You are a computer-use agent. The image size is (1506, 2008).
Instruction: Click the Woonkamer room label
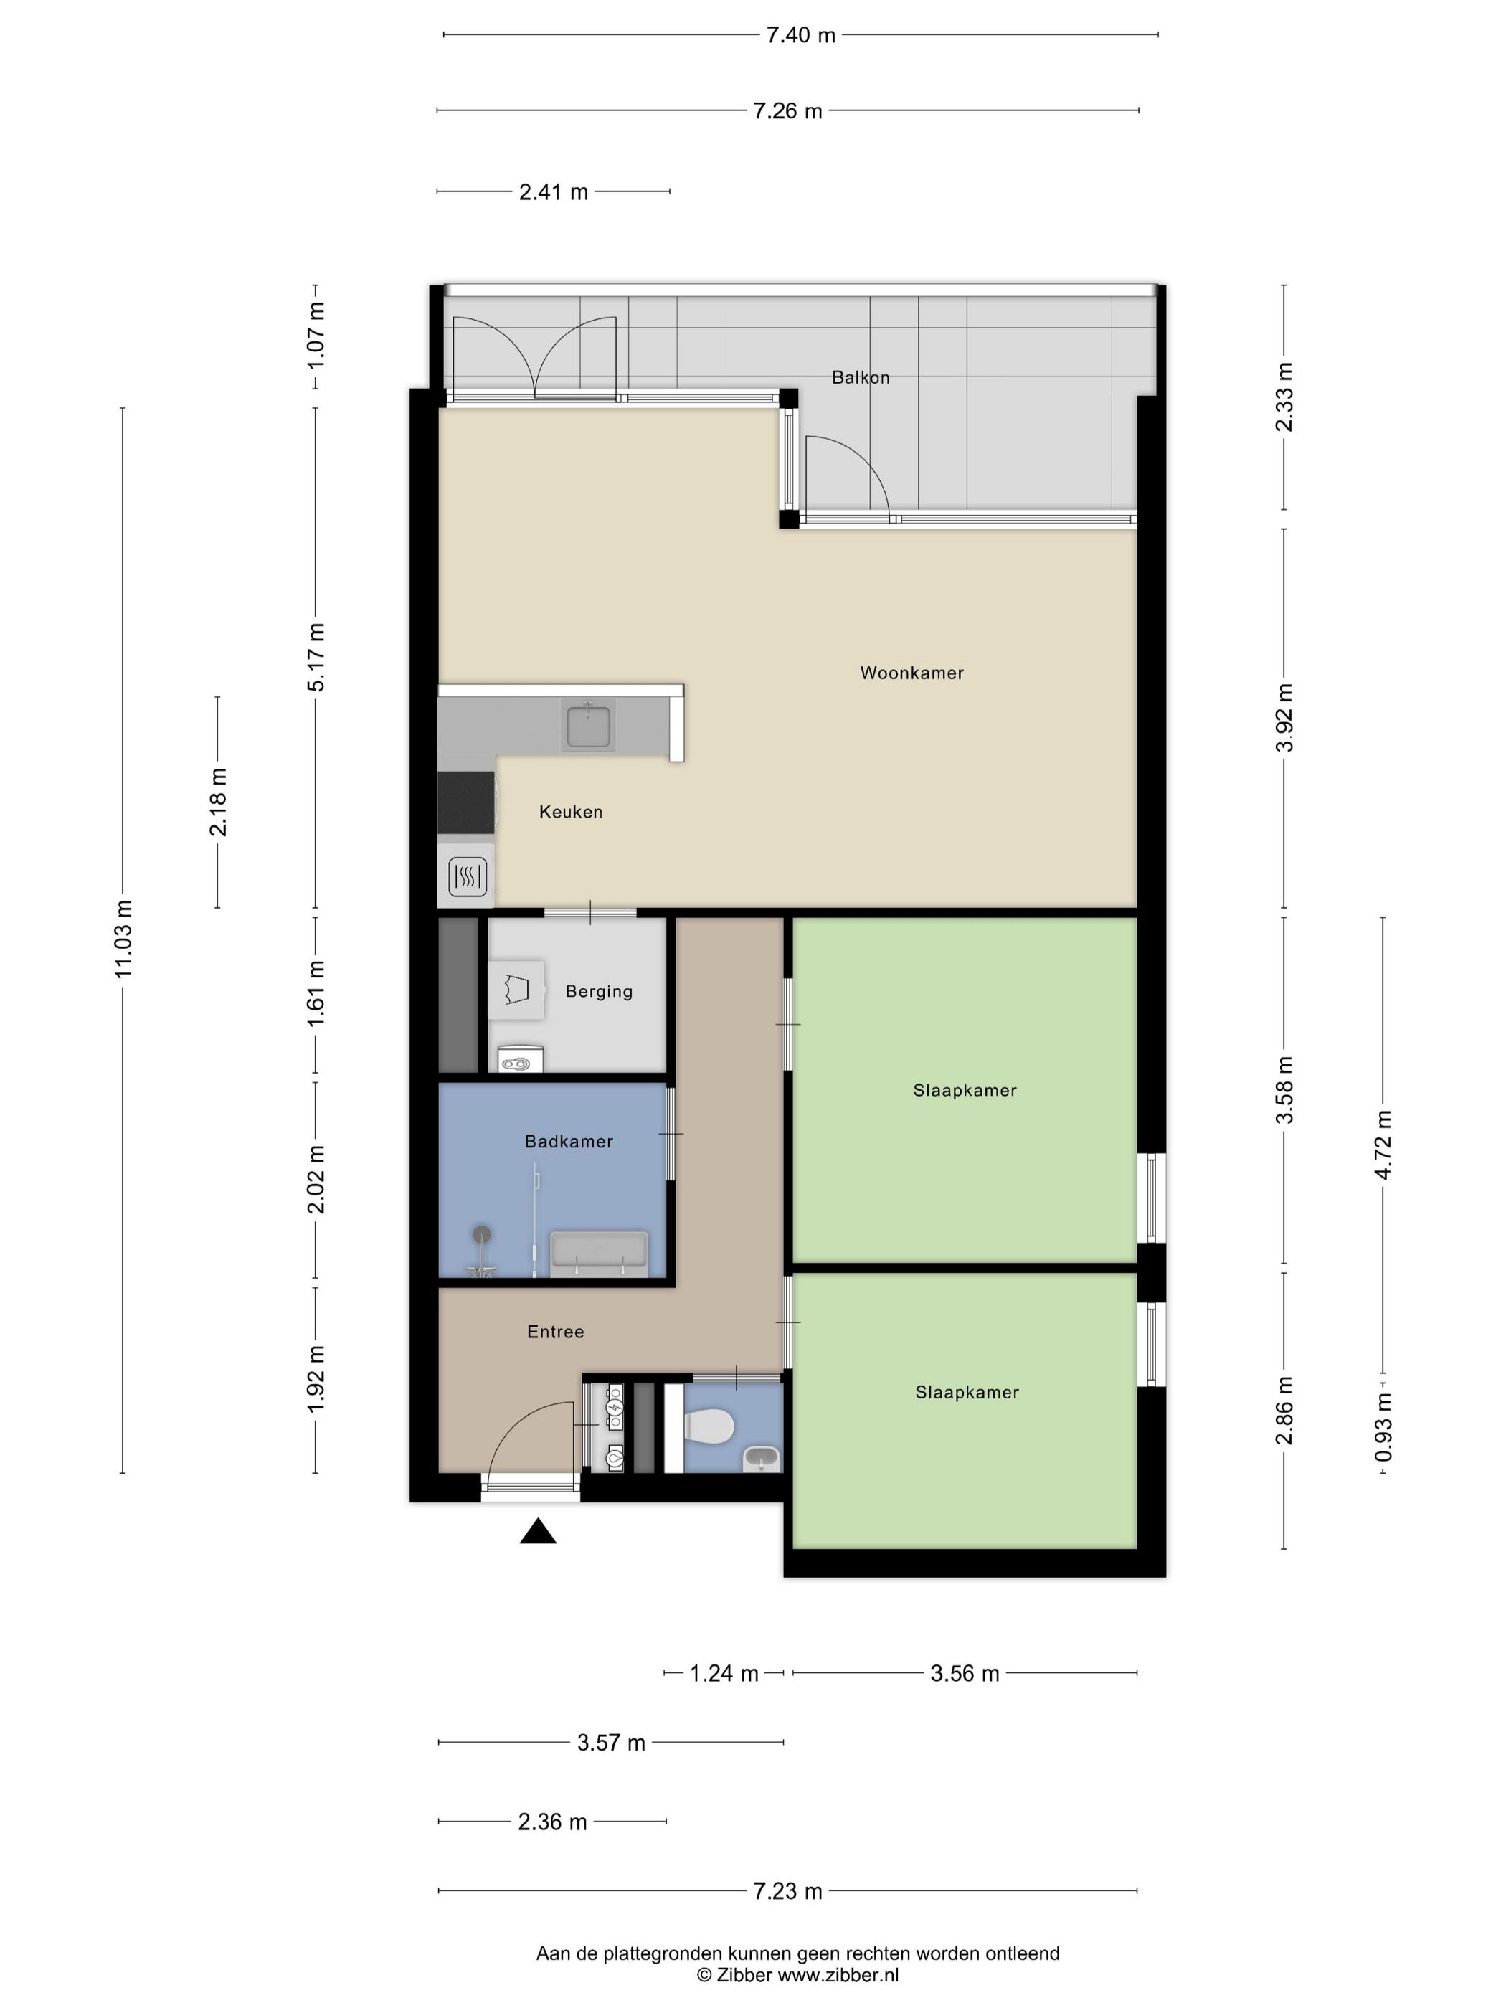click(x=911, y=673)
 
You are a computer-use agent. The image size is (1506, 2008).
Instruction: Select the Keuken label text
click(x=570, y=812)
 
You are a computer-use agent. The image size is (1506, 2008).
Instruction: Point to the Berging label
click(x=599, y=991)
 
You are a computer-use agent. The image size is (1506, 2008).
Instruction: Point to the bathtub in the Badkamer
click(x=599, y=1254)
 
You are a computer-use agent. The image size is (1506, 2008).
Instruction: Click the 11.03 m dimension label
click(x=123, y=939)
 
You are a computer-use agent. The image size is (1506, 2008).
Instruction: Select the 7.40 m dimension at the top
click(x=800, y=35)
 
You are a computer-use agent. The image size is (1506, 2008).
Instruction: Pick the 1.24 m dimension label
click(x=724, y=1673)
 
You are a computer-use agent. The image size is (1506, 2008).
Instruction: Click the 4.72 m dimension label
click(x=1383, y=1145)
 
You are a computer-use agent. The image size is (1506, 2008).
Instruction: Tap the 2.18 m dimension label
click(x=219, y=802)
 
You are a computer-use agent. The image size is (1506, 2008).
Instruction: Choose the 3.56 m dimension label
click(x=964, y=1673)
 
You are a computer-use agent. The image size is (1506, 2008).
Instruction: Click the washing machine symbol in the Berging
click(x=516, y=990)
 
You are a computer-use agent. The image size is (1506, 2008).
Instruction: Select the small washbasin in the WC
click(x=761, y=1459)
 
